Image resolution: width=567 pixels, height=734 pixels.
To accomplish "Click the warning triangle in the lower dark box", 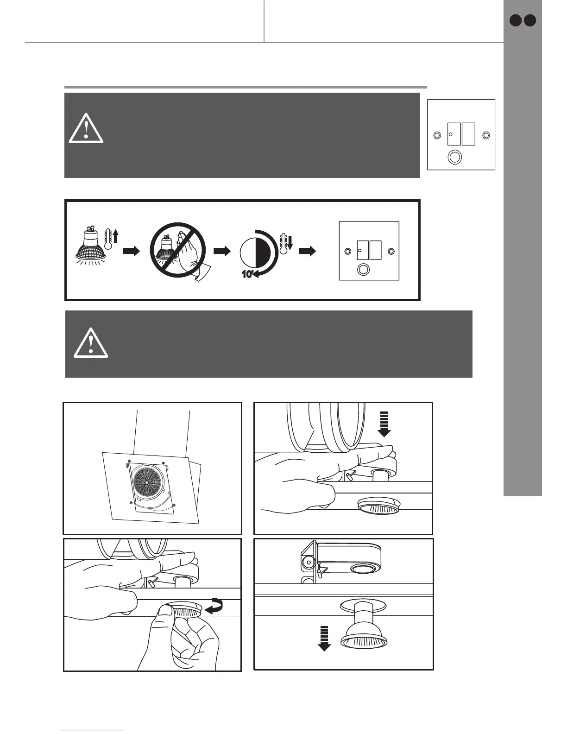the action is point(91,343).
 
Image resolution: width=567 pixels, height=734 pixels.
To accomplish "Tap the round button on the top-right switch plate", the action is point(455,157).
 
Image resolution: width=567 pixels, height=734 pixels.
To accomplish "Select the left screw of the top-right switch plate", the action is point(436,135).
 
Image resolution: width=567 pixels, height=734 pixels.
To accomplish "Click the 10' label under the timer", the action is point(247,274).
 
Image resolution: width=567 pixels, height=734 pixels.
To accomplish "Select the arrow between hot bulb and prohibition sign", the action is point(131,251).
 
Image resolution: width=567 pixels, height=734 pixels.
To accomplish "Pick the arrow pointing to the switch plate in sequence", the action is point(308,251).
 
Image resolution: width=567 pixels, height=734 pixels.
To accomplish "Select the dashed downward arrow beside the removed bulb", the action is point(324,638).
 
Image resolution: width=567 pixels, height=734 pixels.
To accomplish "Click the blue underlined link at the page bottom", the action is point(92,729).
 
